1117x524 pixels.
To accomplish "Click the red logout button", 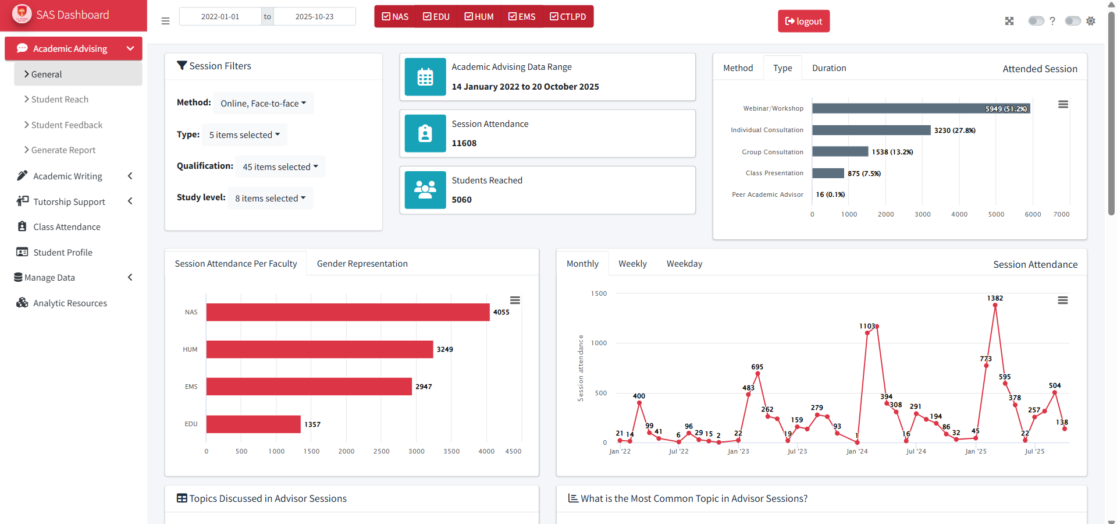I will tap(803, 22).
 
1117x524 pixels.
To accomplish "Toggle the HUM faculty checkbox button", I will tap(479, 17).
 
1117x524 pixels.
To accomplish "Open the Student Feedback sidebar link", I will tap(66, 125).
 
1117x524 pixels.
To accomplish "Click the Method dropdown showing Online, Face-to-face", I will tap(263, 104).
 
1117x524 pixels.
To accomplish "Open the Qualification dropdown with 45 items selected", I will tap(280, 167).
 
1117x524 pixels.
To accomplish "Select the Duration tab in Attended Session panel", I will tap(828, 68).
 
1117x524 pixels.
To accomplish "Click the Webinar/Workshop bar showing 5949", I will tap(920, 109).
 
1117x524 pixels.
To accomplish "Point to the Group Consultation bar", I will tap(839, 152).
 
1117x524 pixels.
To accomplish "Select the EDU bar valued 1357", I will tap(253, 424).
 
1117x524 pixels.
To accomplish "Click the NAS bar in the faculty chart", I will tap(347, 312).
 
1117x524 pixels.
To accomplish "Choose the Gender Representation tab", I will tap(362, 264).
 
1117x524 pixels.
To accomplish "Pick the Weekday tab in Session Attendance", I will tap(684, 264).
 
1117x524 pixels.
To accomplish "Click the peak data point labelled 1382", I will tap(995, 306).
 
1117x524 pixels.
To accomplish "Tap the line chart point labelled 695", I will tap(757, 374).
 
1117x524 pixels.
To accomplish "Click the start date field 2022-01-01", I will tap(220, 17).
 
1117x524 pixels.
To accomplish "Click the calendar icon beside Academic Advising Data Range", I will tap(425, 77).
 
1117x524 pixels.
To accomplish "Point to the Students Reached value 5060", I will tap(461, 200).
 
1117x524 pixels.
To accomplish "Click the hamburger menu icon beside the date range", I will tap(165, 21).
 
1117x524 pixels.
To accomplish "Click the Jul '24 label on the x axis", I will tap(916, 451).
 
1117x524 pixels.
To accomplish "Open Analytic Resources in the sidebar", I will tap(70, 303).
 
